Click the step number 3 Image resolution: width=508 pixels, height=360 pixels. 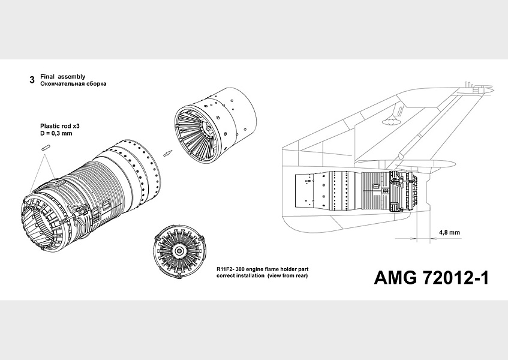click(31, 80)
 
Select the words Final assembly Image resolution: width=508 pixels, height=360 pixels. click(62, 77)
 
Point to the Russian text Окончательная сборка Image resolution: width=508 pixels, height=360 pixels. click(73, 85)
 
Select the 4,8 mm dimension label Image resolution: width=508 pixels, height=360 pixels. click(449, 232)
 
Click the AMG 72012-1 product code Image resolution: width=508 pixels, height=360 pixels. click(431, 277)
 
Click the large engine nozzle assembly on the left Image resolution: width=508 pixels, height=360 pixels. click(90, 192)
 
